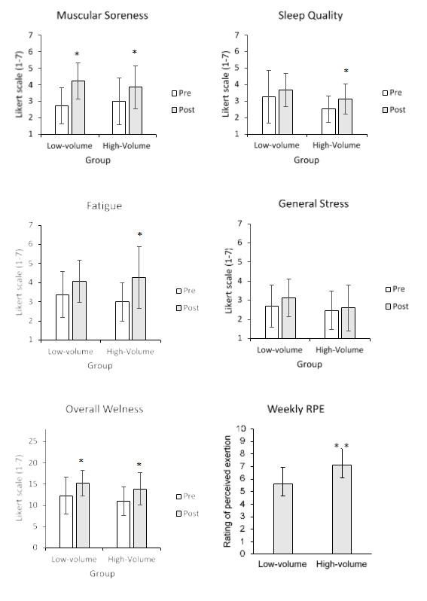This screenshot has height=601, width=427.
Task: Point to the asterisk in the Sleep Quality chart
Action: (x=346, y=72)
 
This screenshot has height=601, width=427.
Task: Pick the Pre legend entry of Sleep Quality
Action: (x=392, y=93)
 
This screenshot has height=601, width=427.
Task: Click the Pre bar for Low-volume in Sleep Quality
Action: (x=268, y=115)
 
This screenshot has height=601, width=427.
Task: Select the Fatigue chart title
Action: (x=103, y=205)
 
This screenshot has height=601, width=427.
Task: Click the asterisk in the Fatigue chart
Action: (x=139, y=235)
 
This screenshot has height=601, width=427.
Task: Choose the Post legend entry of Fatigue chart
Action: (x=188, y=307)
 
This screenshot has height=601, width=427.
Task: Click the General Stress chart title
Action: (x=313, y=203)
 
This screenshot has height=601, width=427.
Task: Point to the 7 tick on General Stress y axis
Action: (x=239, y=224)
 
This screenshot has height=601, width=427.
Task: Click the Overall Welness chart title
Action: (x=104, y=409)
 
